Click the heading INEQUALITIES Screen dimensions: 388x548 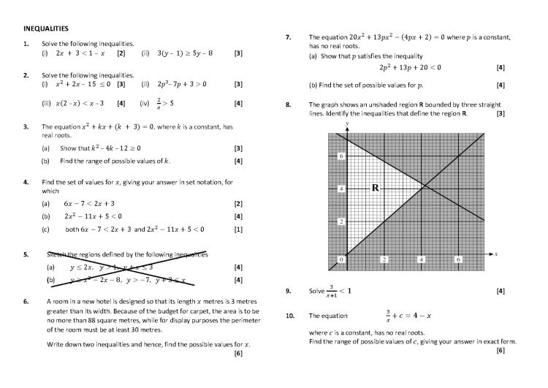click(x=46, y=28)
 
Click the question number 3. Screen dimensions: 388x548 click(x=26, y=126)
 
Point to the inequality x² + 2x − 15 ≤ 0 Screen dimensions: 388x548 click(x=85, y=84)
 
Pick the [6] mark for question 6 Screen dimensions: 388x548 click(x=238, y=354)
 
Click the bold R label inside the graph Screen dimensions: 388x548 click(x=376, y=188)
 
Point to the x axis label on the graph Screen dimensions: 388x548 click(x=495, y=254)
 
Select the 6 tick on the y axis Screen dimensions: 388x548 click(x=340, y=156)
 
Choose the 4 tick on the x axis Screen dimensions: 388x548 click(x=421, y=259)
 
